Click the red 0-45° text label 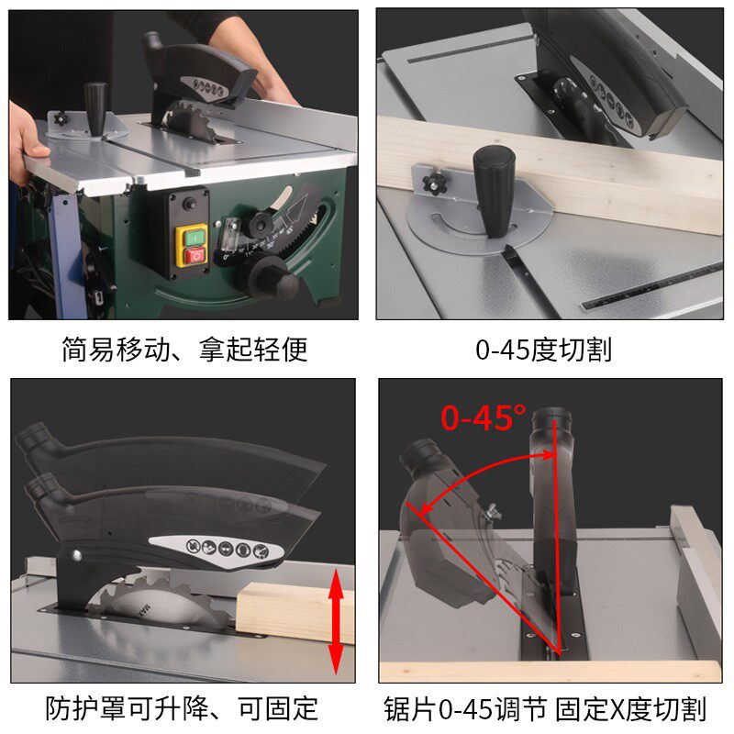484,417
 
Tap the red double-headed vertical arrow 337,620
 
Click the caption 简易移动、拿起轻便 183,350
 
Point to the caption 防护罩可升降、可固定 182,708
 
